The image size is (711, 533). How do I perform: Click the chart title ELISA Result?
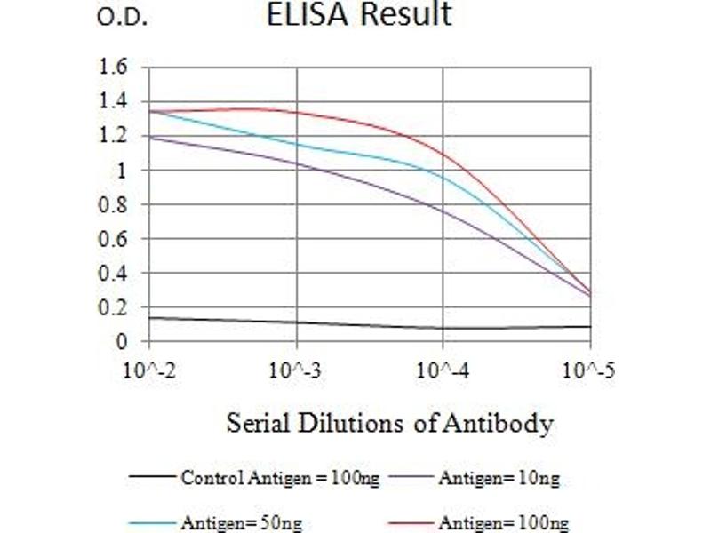tap(359, 15)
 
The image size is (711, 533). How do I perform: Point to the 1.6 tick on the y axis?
tap(116, 68)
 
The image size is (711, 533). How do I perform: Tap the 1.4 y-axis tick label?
tap(116, 101)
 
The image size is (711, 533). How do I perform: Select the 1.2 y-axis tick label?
tap(116, 136)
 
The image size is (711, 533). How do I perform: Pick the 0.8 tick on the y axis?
tap(116, 204)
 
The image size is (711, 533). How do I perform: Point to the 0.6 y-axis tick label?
tap(116, 239)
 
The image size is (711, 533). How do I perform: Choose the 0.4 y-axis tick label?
tap(116, 273)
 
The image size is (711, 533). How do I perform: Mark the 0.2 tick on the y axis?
tap(116, 307)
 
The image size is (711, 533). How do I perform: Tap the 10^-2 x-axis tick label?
tap(149, 370)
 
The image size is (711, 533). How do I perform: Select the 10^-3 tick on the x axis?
tap(296, 370)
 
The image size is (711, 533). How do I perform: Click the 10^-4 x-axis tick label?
tap(443, 370)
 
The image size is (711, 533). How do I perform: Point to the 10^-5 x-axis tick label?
tap(589, 370)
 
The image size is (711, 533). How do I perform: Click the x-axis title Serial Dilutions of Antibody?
tap(389, 423)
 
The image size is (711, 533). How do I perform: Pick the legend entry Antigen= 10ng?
tap(499, 479)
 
